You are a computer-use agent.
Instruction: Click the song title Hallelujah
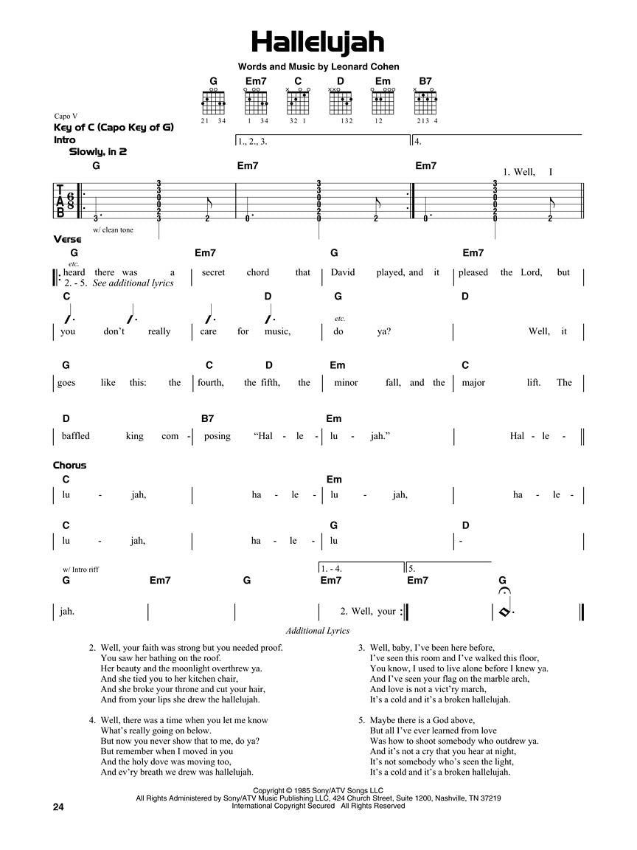pyautogui.click(x=318, y=42)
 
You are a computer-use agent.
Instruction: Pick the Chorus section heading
pyautogui.click(x=69, y=465)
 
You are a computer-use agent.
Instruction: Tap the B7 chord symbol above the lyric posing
pyautogui.click(x=208, y=418)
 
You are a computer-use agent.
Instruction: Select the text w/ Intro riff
pyautogui.click(x=86, y=569)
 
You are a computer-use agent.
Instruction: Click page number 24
pyautogui.click(x=59, y=807)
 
